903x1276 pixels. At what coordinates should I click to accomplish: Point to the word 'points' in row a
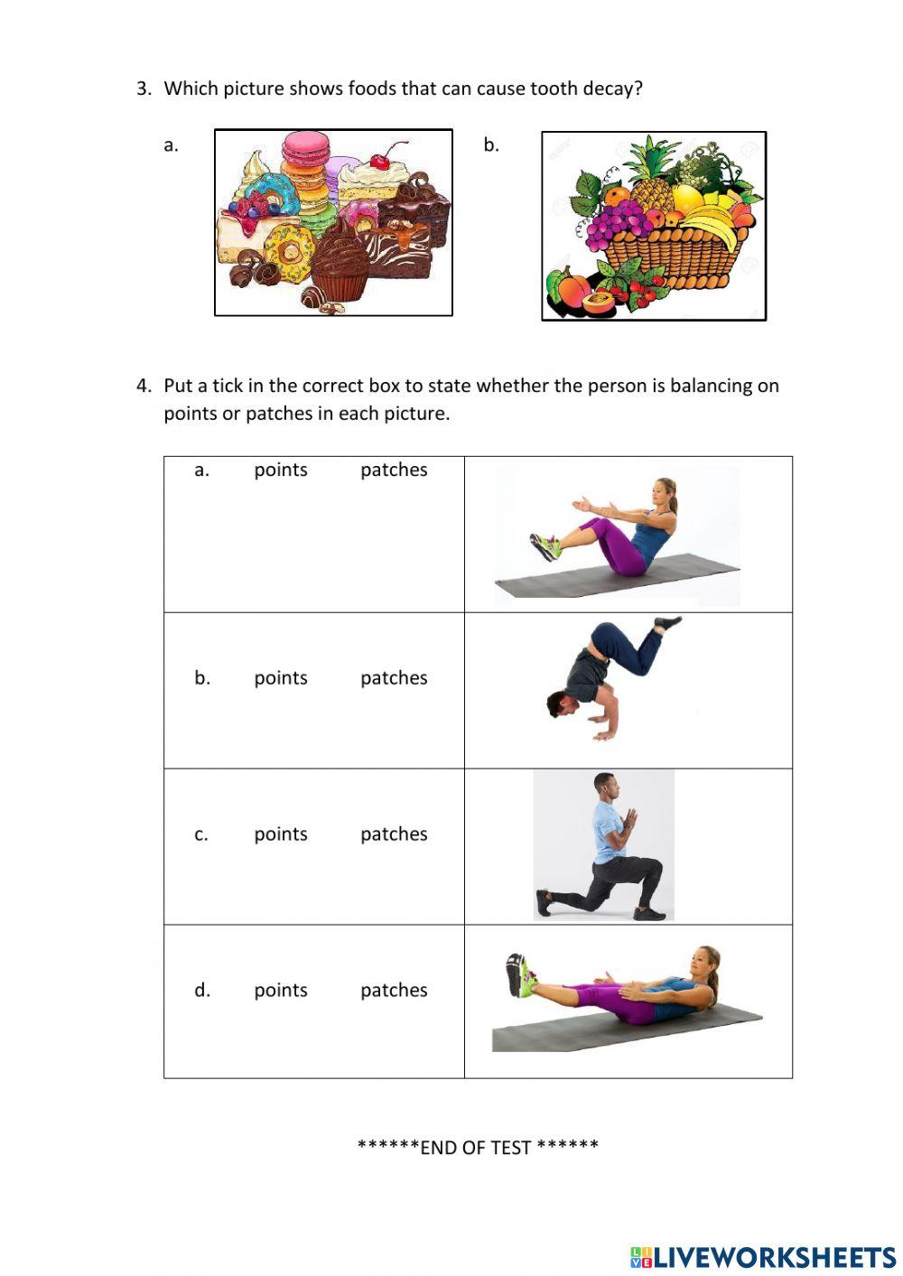click(281, 470)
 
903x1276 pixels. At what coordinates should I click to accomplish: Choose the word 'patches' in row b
click(394, 678)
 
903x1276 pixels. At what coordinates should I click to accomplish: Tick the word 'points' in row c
click(281, 834)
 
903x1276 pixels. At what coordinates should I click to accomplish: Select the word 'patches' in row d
click(394, 991)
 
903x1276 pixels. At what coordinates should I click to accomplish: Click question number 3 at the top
click(144, 88)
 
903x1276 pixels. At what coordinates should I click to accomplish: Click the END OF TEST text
click(478, 1147)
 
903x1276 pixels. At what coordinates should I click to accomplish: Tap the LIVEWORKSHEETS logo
click(763, 1256)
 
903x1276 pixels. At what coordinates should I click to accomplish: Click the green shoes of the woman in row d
click(518, 975)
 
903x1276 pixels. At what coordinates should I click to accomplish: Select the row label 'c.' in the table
click(201, 834)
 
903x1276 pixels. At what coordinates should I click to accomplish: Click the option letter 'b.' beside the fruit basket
click(491, 144)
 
